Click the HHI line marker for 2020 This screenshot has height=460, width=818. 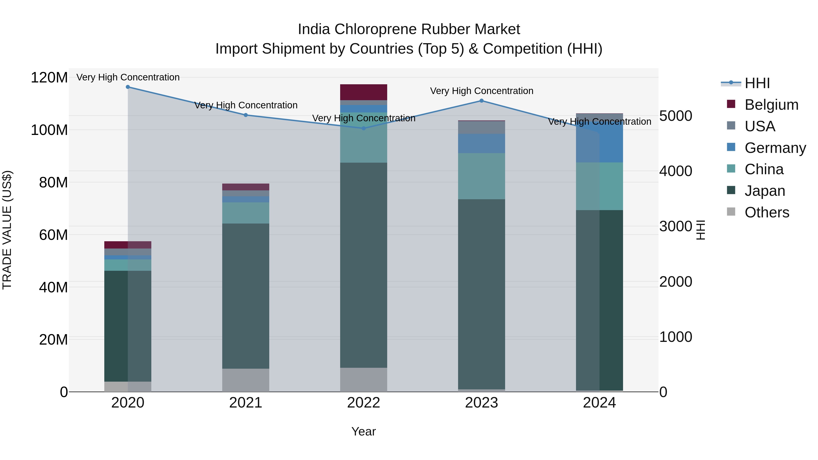[x=128, y=87]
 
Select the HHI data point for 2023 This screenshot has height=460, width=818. [x=481, y=101]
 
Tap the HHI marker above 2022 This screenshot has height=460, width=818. [x=364, y=128]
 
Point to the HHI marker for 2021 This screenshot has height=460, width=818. [x=245, y=115]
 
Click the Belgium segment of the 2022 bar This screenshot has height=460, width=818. [x=364, y=92]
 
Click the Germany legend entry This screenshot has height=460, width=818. [x=775, y=148]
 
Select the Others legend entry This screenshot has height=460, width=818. [x=767, y=212]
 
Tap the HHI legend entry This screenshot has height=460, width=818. [x=757, y=83]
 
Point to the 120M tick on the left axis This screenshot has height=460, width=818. [x=49, y=77]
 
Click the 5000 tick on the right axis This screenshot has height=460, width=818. [x=676, y=116]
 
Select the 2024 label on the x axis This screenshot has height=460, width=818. [x=599, y=403]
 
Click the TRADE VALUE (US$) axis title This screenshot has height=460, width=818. [x=7, y=230]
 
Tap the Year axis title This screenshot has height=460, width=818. [x=364, y=431]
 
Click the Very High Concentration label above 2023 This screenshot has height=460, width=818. [x=481, y=91]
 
